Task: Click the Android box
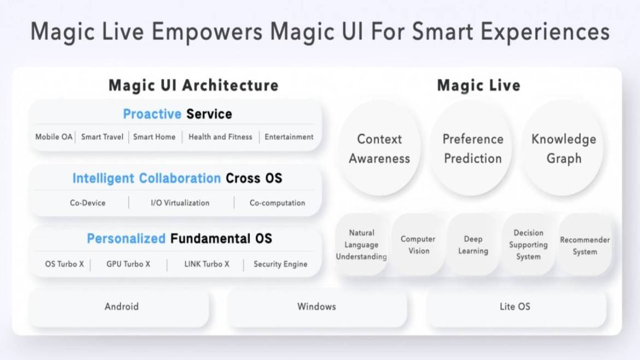pos(119,307)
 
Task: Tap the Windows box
pos(317,307)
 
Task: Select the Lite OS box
pos(516,307)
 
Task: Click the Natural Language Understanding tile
pos(362,245)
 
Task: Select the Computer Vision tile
pos(418,245)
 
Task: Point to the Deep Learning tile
pos(473,245)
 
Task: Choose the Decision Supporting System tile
pos(528,245)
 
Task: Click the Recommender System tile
pos(585,245)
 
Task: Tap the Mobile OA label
pos(54,137)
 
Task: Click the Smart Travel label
pos(102,137)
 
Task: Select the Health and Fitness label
pos(220,137)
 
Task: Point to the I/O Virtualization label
pos(180,203)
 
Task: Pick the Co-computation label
pos(277,203)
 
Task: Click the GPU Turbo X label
pos(128,264)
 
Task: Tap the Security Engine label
pos(281,264)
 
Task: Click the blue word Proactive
pos(152,114)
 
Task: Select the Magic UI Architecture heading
pos(194,85)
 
